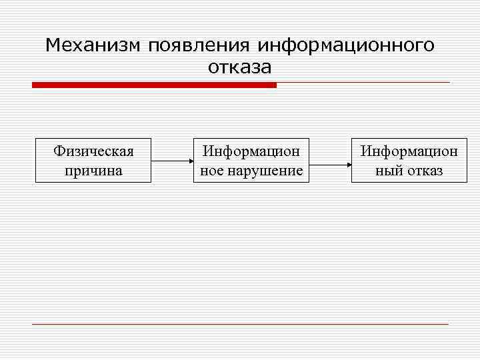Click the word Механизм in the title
(93, 45)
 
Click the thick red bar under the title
(154, 85)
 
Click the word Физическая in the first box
(93, 151)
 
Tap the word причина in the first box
(93, 171)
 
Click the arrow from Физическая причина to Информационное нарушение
(170, 161)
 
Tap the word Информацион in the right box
(409, 151)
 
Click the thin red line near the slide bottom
(240, 324)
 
